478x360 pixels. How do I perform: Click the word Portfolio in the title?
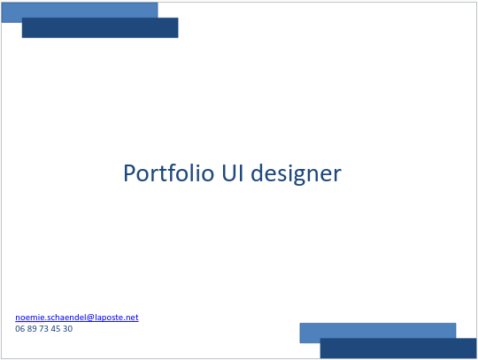[168, 173]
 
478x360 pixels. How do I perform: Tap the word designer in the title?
[296, 174]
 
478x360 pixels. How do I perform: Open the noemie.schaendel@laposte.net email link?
[77, 318]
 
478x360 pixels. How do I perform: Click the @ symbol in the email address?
[90, 318]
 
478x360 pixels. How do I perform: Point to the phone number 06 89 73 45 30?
[44, 329]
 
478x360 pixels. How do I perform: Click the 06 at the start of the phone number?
[19, 329]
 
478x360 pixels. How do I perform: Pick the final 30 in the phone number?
[68, 329]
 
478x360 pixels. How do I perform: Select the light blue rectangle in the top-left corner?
[80, 11]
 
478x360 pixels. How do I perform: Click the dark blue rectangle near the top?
[100, 27]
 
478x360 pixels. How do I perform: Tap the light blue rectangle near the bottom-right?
[378, 331]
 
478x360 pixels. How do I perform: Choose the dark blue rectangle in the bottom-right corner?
[398, 349]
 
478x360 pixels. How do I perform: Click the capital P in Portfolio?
[129, 173]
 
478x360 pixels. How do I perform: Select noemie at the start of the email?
[27, 318]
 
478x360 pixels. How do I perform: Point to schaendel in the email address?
[63, 318]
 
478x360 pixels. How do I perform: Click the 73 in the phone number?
[44, 329]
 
